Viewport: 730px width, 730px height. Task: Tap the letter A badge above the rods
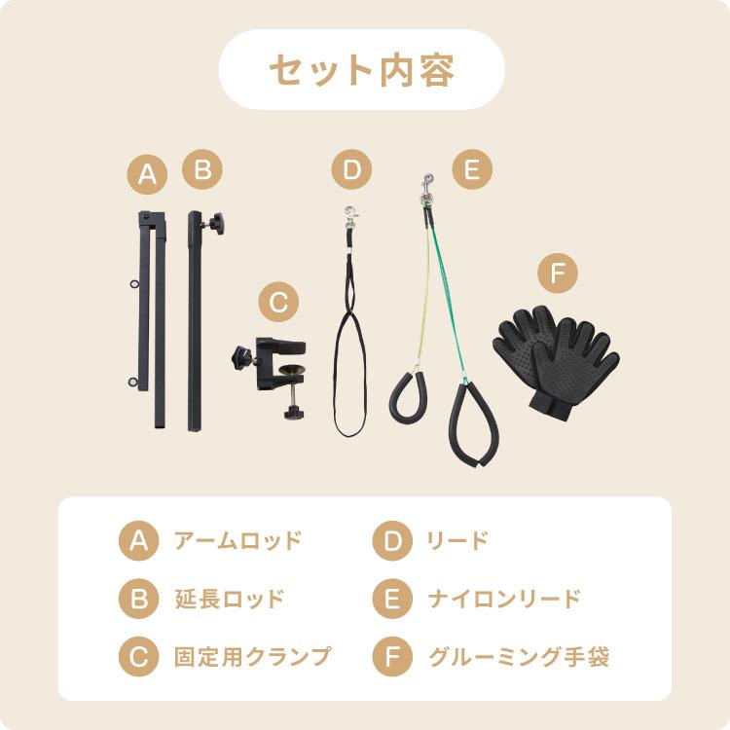(147, 175)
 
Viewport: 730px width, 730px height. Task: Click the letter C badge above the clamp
(278, 303)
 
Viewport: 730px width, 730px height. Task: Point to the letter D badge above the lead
(351, 171)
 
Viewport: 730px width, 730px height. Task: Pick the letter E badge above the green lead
(471, 171)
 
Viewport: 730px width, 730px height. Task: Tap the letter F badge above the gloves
(558, 274)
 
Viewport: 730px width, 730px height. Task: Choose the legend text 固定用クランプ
(251, 655)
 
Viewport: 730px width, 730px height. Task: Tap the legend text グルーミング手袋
(519, 655)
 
